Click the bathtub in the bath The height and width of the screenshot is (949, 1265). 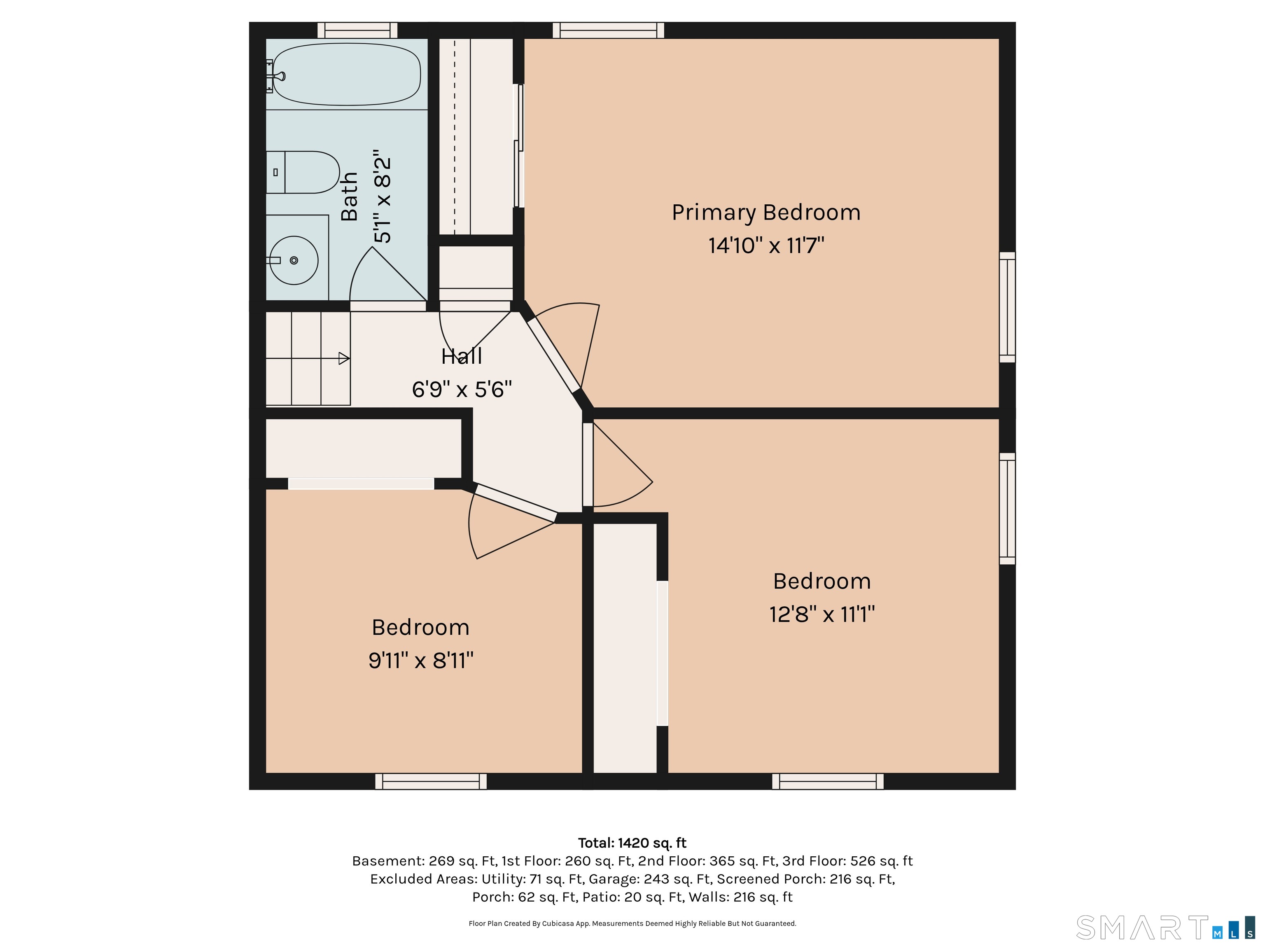coord(347,75)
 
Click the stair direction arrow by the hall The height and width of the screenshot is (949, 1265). coord(344,359)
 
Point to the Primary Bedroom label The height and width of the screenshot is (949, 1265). coord(766,213)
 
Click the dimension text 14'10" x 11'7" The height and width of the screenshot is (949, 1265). coord(766,246)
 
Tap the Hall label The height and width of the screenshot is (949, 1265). coord(462,356)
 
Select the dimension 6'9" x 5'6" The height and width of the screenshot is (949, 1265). coord(462,390)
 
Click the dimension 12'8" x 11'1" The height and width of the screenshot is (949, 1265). coord(822,615)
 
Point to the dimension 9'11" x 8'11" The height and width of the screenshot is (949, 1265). coord(421,661)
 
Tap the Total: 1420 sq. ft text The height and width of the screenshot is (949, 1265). coord(632,843)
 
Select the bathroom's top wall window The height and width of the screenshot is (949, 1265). coord(357,30)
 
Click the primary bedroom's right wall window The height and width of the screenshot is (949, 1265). coord(1007,307)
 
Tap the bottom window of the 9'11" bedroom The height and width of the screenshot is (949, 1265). coord(431,781)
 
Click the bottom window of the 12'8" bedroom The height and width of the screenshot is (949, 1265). coord(828,781)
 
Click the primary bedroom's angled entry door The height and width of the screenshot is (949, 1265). coord(553,354)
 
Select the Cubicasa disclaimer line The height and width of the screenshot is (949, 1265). coord(632,923)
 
